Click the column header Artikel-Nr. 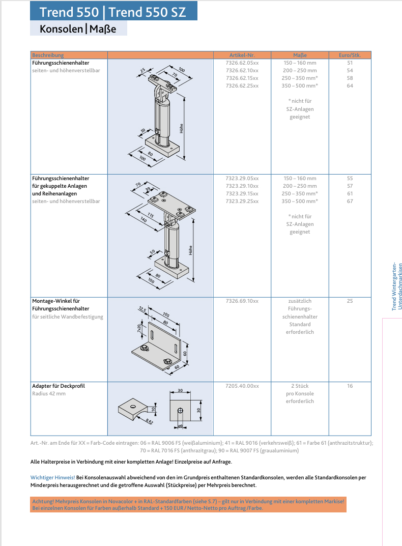[x=242, y=55]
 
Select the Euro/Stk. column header [x=350, y=55]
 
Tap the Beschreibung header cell [x=48, y=55]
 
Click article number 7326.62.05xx [x=242, y=63]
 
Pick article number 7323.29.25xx [x=242, y=202]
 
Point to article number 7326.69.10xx [x=242, y=301]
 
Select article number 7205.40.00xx [x=242, y=386]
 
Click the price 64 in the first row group [x=350, y=86]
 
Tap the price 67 [x=350, y=202]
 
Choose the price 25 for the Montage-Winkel [x=350, y=301]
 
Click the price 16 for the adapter [x=350, y=386]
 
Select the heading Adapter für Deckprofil [x=58, y=386]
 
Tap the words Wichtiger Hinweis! [x=52, y=478]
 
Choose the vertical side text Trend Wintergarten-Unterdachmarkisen [x=397, y=286]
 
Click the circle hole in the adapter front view [x=180, y=410]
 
